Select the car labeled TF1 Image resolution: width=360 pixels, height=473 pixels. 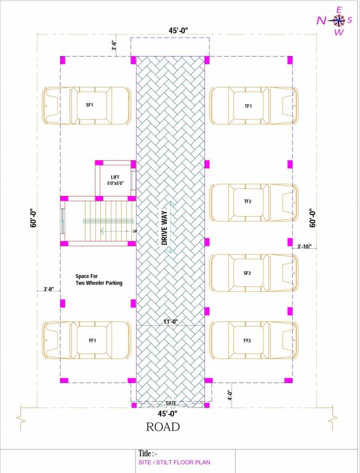[254, 107]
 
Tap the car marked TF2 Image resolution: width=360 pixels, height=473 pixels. [254, 202]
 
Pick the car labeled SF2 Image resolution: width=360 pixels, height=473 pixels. [254, 273]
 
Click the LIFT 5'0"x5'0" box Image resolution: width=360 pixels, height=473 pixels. [114, 180]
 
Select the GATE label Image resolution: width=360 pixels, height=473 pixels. [170, 402]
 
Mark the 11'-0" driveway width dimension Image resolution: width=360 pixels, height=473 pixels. [170, 321]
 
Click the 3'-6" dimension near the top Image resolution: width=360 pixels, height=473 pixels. [114, 46]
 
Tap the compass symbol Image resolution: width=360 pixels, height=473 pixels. [339, 20]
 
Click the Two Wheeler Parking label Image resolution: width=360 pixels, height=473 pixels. [98, 280]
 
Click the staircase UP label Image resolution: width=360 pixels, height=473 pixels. [135, 231]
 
